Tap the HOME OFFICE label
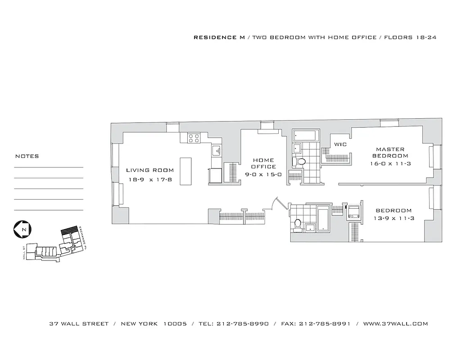click(263, 163)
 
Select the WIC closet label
click(339, 144)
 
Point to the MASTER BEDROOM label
click(390, 153)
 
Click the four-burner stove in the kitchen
click(194, 138)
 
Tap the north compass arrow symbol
click(21, 229)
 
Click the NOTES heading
click(27, 157)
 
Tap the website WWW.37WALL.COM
click(395, 324)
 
